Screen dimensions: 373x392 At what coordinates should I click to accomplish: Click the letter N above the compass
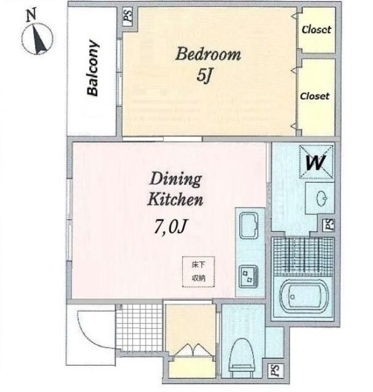pos(31,14)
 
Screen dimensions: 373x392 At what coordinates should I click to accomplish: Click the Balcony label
pos(93,68)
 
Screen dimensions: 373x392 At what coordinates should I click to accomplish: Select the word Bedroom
pos(208,55)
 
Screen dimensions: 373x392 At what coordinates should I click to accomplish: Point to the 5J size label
pos(204,75)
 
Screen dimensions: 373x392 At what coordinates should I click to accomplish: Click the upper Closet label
pos(317,30)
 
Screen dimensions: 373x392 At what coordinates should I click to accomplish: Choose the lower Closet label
pos(315,96)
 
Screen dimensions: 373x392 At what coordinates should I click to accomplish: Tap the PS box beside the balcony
pos(128,16)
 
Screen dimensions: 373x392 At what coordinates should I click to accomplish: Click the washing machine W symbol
pos(316,162)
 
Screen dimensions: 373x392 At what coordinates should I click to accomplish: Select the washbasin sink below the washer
pos(320,198)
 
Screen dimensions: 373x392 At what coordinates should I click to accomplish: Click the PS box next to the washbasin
pos(329,225)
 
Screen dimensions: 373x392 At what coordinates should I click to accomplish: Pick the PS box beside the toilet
pos(275,371)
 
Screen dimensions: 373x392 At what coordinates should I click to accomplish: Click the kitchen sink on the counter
pos(249,225)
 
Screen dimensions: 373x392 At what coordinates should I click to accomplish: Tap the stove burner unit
pos(248,277)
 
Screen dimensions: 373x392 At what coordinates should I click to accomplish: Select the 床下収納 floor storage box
pos(199,272)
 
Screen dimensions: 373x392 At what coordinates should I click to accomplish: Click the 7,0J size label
pos(171,226)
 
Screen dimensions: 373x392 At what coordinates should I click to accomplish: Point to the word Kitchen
pos(175,200)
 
